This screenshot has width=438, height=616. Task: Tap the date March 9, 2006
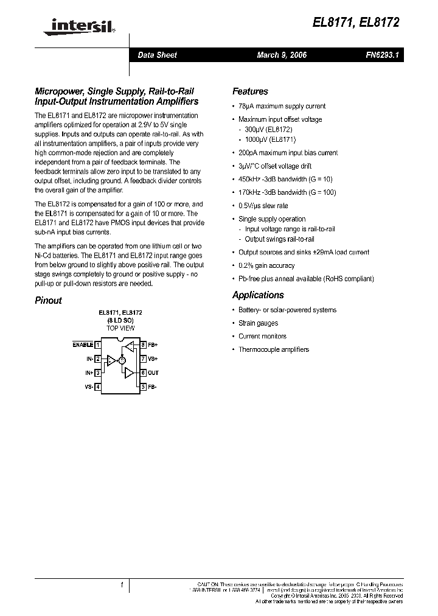tap(282, 55)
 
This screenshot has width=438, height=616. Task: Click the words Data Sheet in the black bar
tap(157, 55)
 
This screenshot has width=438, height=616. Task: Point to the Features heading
tap(250, 91)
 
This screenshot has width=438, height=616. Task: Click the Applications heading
tap(258, 295)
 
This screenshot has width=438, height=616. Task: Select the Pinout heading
tap(48, 300)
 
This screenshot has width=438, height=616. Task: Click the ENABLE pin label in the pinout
tap(83, 345)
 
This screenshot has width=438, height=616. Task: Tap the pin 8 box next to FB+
tap(143, 345)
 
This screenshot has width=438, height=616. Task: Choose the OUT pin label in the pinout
tap(153, 373)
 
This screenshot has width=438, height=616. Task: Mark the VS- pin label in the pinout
tap(89, 387)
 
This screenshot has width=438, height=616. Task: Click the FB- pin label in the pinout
tap(153, 387)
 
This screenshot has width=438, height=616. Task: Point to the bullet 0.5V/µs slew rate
tap(263, 206)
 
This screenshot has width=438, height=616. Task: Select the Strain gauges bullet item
tap(258, 323)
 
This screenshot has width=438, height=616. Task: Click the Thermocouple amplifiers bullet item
tap(274, 349)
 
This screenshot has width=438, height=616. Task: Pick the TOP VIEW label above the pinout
tap(120, 328)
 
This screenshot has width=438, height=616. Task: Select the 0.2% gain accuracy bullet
tap(266, 265)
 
